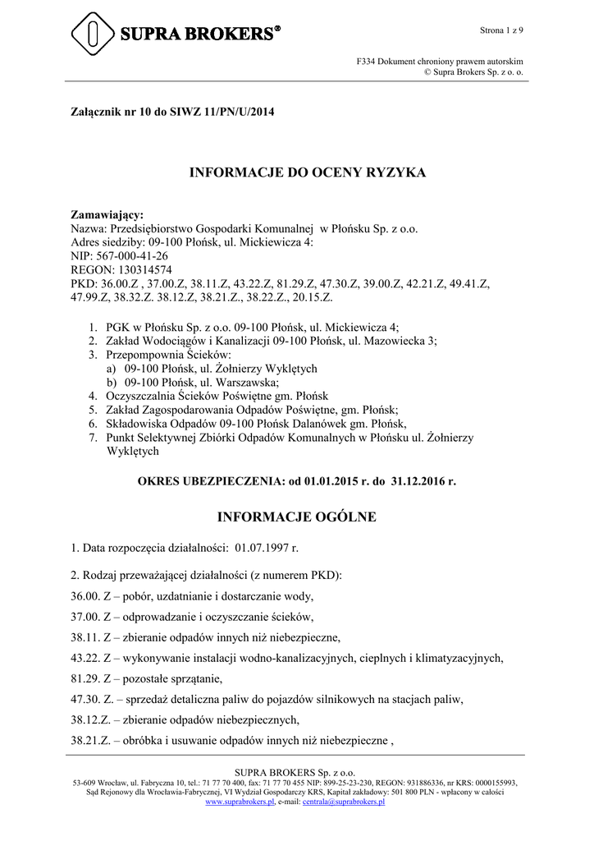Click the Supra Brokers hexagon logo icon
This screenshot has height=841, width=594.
click(x=93, y=34)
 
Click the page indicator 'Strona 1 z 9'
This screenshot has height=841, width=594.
click(x=501, y=30)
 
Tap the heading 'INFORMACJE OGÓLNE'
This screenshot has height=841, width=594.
click(x=296, y=517)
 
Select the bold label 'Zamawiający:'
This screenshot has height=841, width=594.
click(x=106, y=216)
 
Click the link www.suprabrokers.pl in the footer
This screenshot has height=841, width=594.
click(x=240, y=802)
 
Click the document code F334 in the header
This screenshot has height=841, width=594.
click(x=366, y=62)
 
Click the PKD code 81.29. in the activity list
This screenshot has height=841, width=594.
click(x=87, y=678)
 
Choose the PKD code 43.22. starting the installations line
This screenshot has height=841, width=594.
click(x=87, y=658)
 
